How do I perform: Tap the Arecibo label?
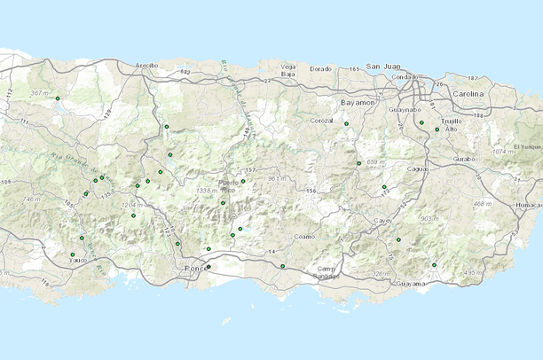[x=146, y=65]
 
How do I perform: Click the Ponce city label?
[x=193, y=268]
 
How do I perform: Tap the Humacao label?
[x=526, y=205]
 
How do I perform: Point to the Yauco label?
[x=79, y=261]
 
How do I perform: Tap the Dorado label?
[x=320, y=68]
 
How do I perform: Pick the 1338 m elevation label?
[x=207, y=190]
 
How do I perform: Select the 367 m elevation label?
[x=40, y=93]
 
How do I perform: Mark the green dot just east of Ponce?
[x=209, y=266]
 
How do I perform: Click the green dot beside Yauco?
[x=73, y=254]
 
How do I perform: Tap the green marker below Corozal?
[x=346, y=124]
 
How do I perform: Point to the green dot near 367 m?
[x=58, y=98]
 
